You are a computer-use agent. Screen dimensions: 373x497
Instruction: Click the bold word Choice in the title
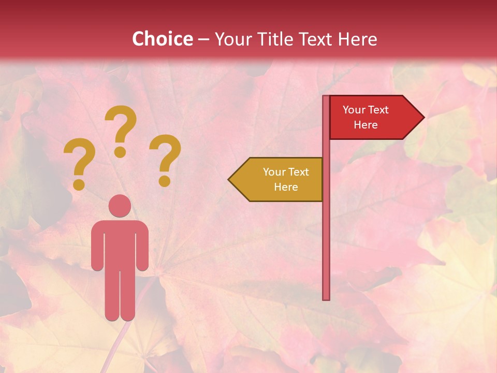tap(162, 39)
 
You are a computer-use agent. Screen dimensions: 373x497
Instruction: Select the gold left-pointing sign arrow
tap(277, 179)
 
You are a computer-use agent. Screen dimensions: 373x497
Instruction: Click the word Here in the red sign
tap(366, 125)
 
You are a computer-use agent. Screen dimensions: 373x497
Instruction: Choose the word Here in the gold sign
tap(286, 187)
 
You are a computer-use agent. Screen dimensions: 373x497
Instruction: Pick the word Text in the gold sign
tap(299, 171)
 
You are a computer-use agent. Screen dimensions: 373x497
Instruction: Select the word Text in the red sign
tap(378, 109)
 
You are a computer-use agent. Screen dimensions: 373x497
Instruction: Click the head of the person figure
tap(120, 206)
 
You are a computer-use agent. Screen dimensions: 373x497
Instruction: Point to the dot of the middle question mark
tap(120, 152)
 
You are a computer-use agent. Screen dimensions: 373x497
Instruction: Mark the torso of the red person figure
tap(120, 243)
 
